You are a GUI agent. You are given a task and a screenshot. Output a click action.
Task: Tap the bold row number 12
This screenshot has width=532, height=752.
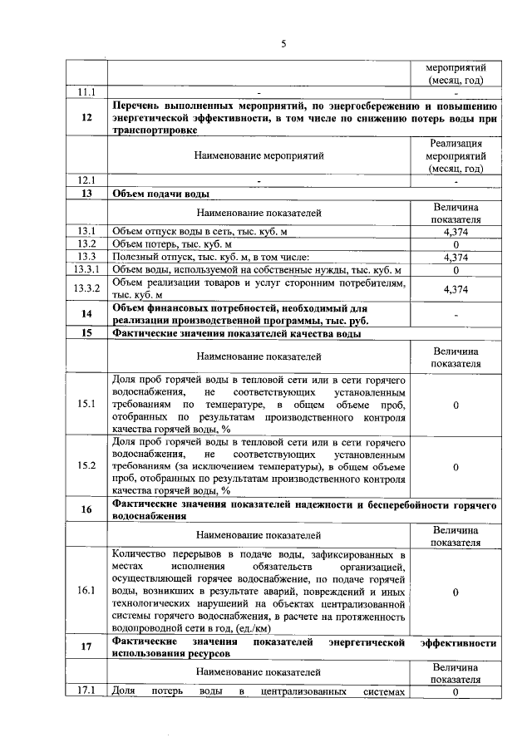click(x=86, y=118)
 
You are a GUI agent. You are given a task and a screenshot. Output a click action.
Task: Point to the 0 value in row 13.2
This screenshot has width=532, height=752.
click(x=456, y=244)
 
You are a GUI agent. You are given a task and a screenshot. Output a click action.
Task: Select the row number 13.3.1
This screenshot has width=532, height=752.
click(x=86, y=270)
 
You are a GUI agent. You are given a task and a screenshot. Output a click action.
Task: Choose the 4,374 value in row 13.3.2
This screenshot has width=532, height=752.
click(x=456, y=288)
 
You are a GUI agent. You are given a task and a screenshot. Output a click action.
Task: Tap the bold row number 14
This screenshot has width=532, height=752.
click(x=86, y=314)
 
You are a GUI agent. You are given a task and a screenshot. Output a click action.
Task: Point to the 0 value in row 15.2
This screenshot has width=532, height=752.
click(x=456, y=467)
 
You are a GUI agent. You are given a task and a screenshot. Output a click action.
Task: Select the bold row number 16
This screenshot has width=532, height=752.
click(x=86, y=509)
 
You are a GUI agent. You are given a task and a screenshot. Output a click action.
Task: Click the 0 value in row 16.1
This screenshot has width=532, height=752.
click(x=456, y=592)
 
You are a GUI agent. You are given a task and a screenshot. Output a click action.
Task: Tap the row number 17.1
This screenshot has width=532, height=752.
click(x=86, y=691)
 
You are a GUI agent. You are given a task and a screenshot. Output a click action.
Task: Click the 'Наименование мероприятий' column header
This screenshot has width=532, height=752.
click(x=259, y=155)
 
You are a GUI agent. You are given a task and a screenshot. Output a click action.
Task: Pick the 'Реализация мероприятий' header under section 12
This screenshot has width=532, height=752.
click(x=455, y=155)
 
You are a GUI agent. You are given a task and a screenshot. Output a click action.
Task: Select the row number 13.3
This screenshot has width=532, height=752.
click(x=86, y=257)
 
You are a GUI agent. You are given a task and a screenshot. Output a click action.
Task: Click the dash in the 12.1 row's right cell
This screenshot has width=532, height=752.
click(x=456, y=180)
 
